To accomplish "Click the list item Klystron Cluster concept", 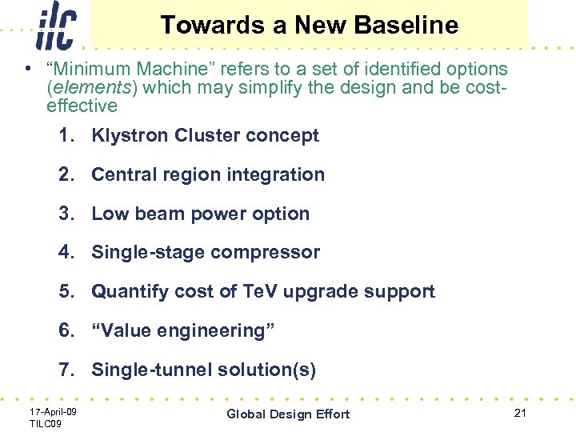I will point(205,135).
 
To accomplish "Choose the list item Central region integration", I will point(208,174).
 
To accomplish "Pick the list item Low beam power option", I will point(200,214).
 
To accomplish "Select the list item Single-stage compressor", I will point(206,252).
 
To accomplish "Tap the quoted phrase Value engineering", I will point(183,330).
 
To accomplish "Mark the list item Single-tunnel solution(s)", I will point(204,370).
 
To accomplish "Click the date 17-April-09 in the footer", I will point(53,410).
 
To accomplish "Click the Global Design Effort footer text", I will point(288,414).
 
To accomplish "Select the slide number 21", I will point(520,412).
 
